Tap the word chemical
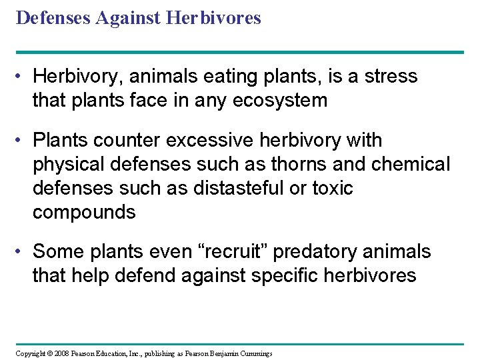[414, 165]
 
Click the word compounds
[84, 213]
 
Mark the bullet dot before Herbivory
[21, 77]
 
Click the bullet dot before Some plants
[21, 253]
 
